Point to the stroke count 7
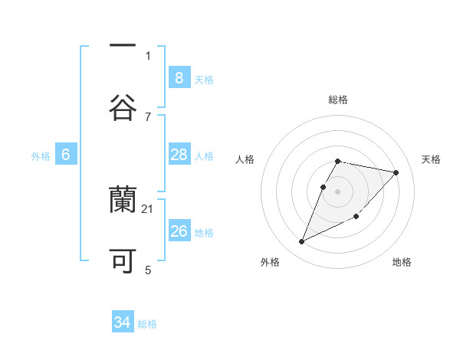[148, 116]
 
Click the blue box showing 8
[179, 77]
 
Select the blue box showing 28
[179, 155]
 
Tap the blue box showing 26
[179, 231]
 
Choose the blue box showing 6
[66, 155]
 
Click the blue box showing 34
[123, 322]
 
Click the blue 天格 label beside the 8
[204, 79]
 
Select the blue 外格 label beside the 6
[41, 155]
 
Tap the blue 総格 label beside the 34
[147, 324]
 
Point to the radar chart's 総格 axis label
[338, 100]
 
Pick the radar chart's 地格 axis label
[402, 262]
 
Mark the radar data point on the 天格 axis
[396, 172]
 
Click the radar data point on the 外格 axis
[301, 242]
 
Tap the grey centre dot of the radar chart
[338, 191]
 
